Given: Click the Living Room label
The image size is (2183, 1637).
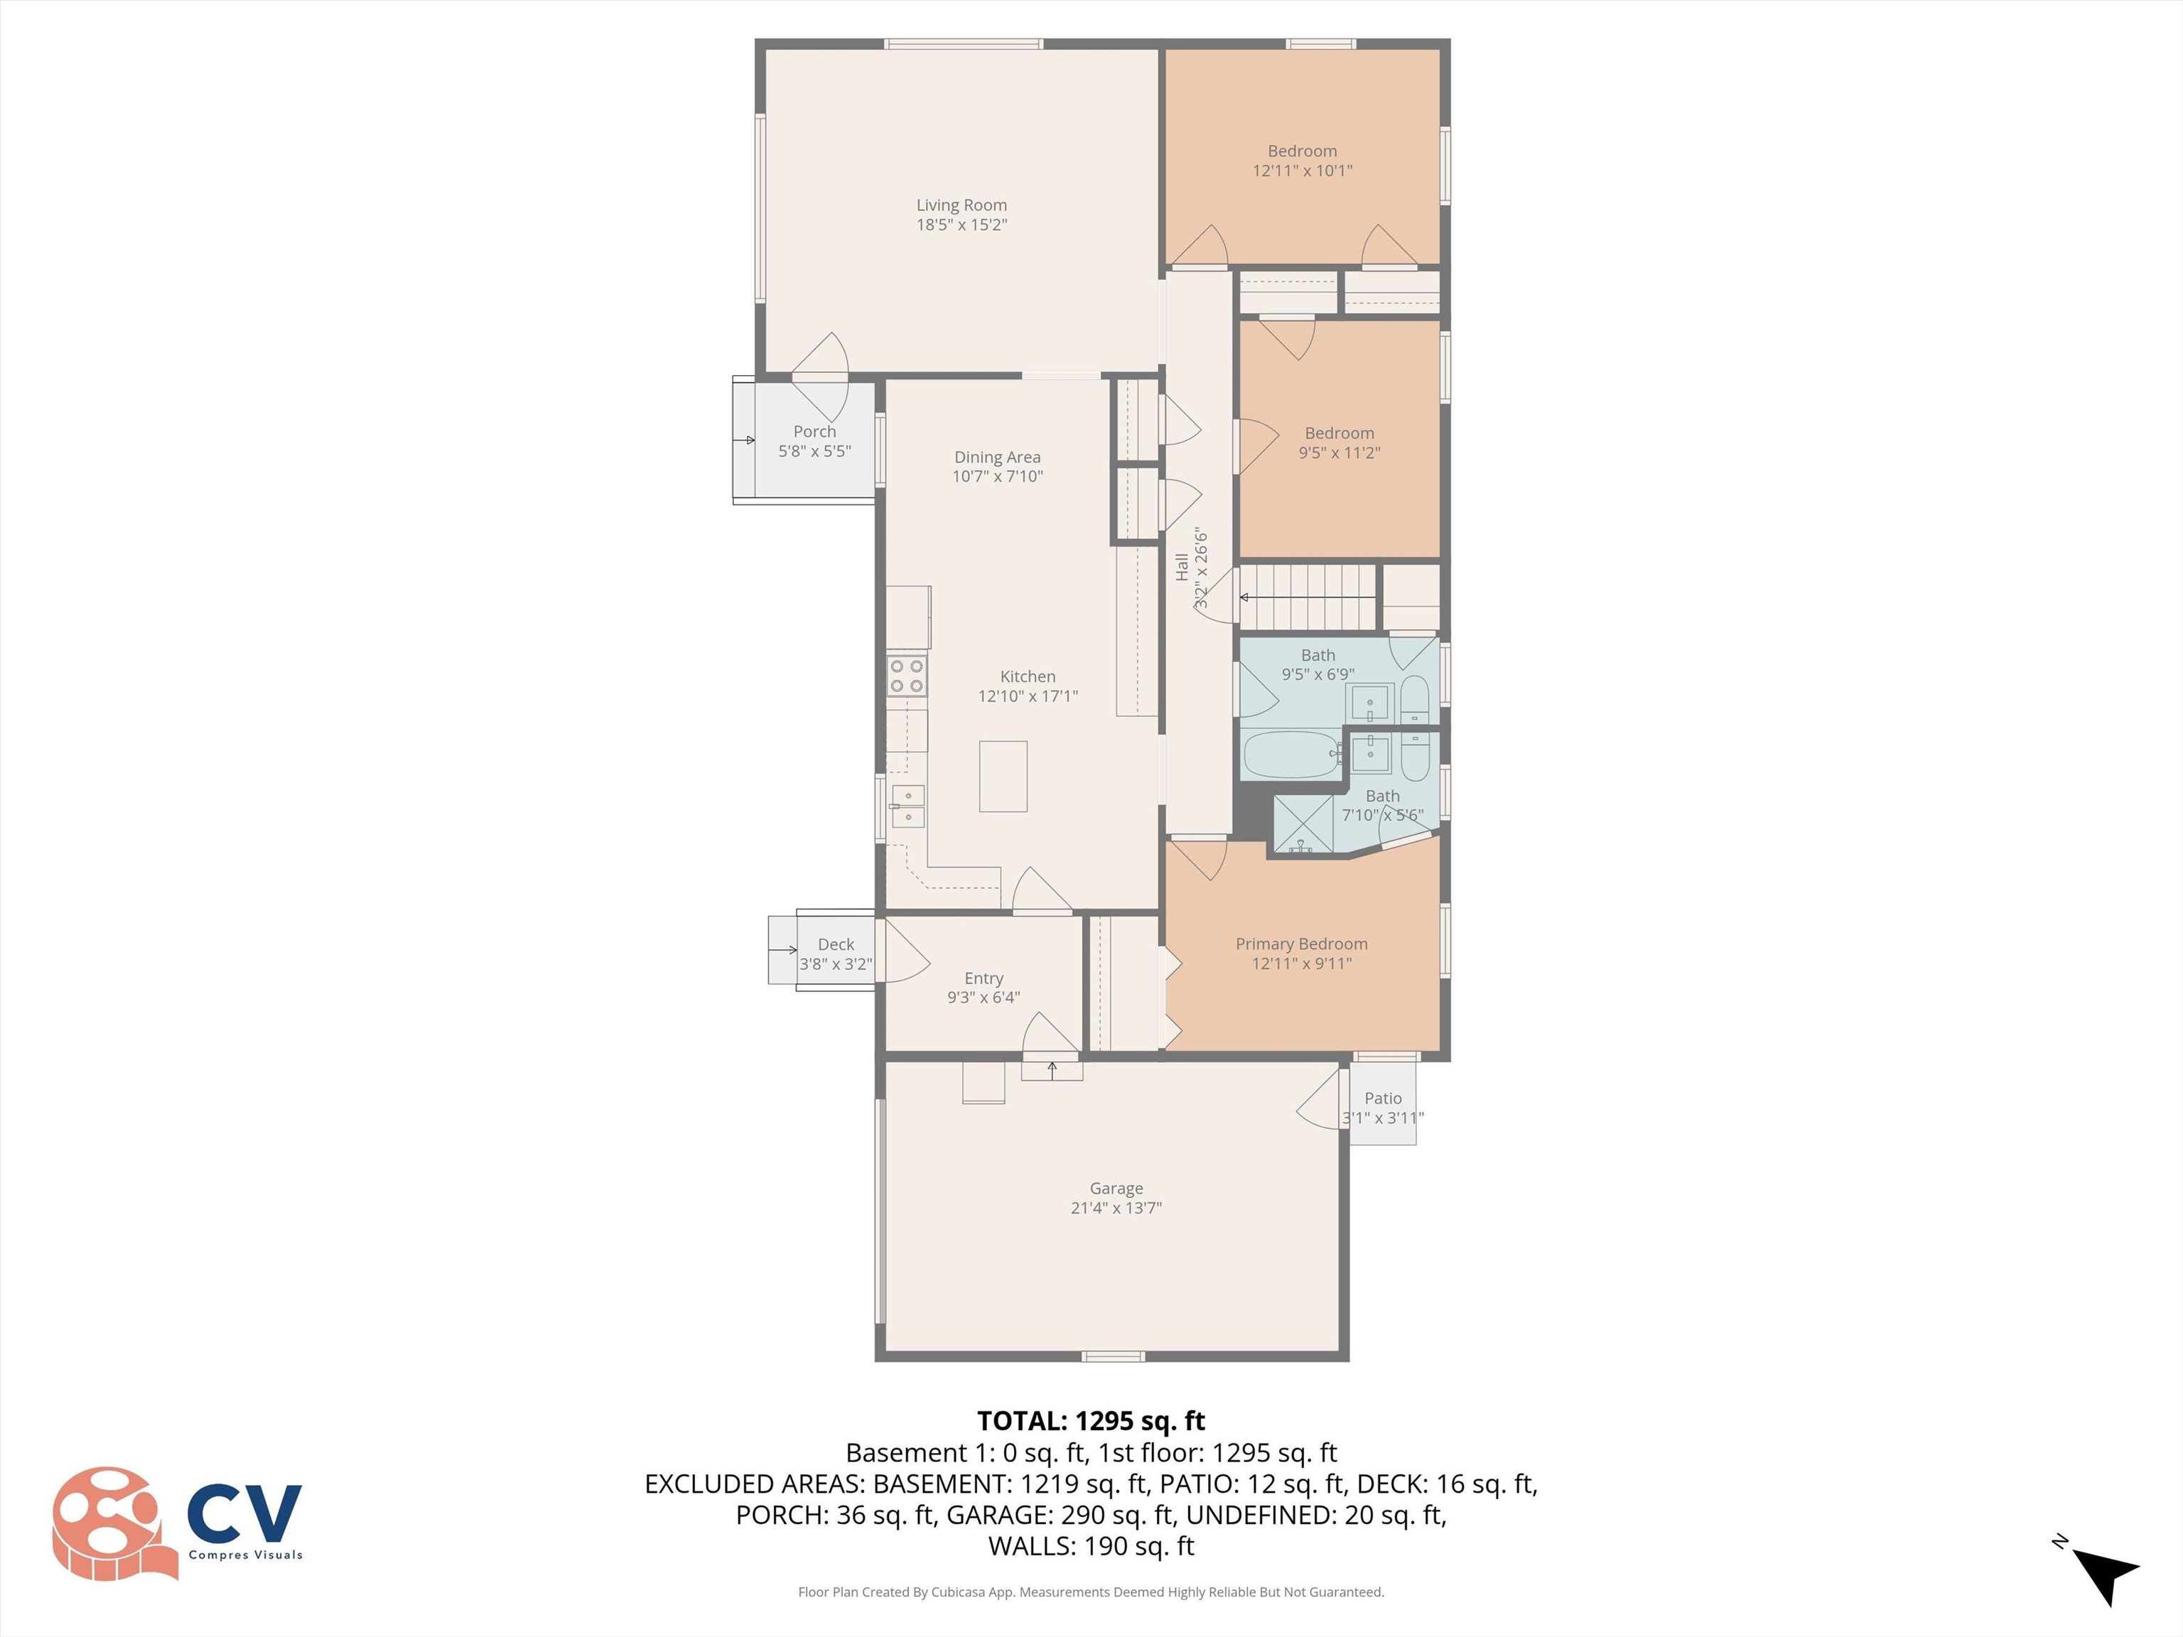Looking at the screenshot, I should pyautogui.click(x=961, y=205).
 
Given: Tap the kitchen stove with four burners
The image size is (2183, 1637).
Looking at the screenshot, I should pyautogui.click(x=906, y=676).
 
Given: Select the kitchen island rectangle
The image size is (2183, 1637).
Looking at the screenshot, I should pyautogui.click(x=1003, y=777).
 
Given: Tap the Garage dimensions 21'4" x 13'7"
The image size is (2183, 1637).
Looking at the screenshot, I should pyautogui.click(x=1116, y=1208).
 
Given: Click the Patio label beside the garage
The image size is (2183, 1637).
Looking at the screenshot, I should pyautogui.click(x=1383, y=1098).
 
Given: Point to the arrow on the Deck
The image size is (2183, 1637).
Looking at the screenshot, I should pyautogui.click(x=782, y=950).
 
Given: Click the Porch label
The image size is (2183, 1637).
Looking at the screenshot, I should pyautogui.click(x=814, y=431).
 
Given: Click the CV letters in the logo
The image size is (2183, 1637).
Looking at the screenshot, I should pyautogui.click(x=244, y=1513).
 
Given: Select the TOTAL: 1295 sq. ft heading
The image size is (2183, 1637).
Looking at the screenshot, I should pyautogui.click(x=1091, y=1421).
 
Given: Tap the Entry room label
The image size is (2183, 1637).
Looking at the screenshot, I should pyautogui.click(x=983, y=978).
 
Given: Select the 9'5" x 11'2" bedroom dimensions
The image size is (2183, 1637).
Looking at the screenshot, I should pyautogui.click(x=1340, y=453).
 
